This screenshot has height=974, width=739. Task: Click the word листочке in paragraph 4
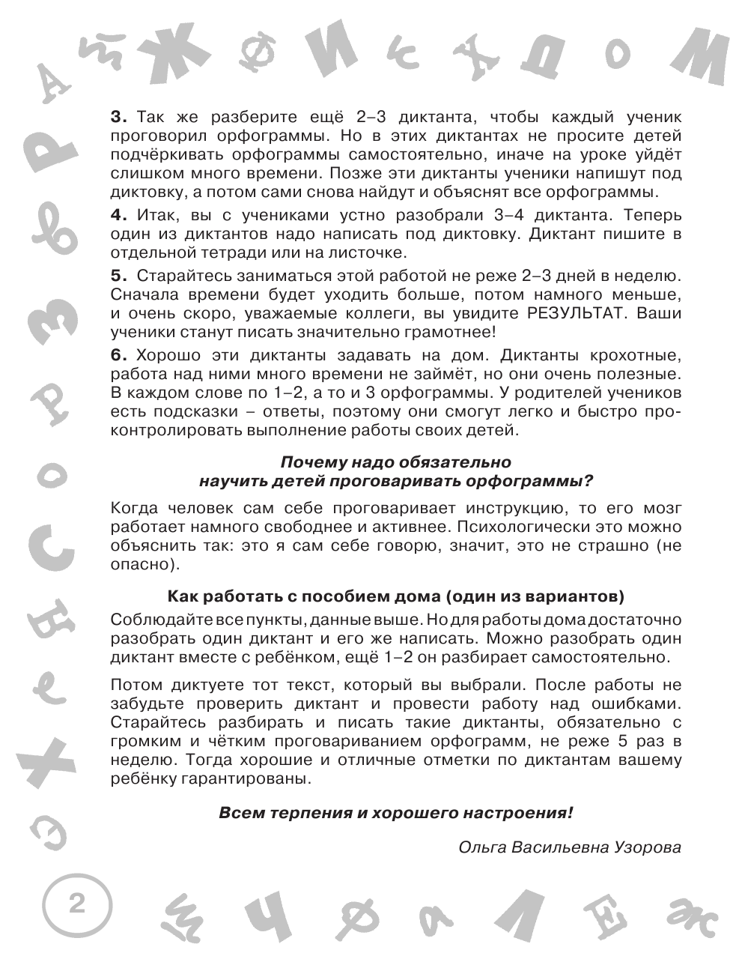point(368,252)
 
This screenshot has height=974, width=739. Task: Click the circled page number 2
point(76,904)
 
